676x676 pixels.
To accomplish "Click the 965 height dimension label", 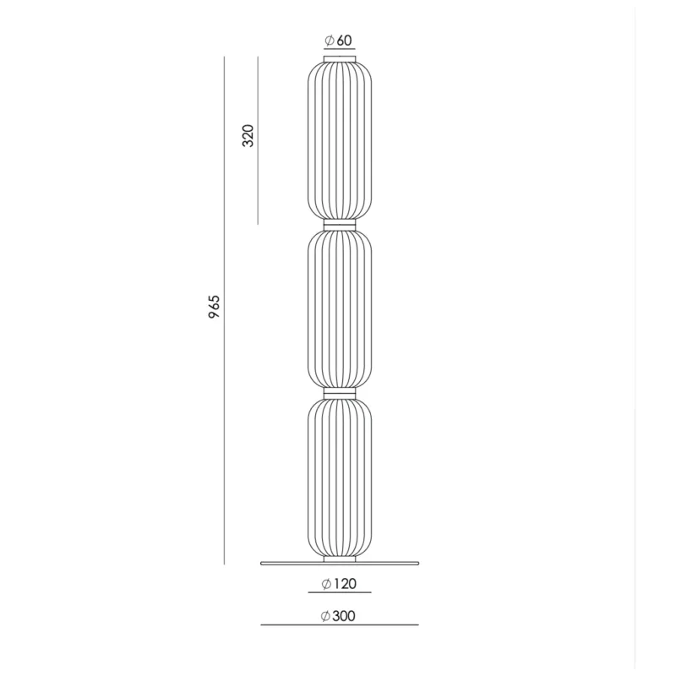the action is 215,307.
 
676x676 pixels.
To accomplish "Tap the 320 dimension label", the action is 248,135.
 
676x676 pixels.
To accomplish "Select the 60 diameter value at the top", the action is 344,40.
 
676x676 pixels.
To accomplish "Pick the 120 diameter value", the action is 346,584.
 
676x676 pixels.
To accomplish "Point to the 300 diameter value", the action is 344,616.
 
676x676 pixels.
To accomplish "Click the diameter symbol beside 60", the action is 330,40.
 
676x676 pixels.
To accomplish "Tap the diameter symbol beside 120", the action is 326,584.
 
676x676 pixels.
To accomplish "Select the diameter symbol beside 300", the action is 325,617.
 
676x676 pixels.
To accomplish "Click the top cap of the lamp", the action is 340,58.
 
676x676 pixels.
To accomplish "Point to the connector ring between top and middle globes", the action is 340,225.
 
